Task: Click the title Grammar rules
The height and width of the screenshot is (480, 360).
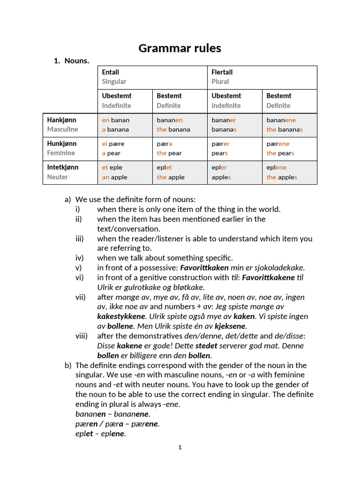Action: [x=180, y=48]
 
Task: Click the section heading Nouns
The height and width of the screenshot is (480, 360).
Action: [x=76, y=60]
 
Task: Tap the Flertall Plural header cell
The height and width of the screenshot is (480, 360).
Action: [x=262, y=77]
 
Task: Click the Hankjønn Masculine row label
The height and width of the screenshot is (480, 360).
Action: [x=70, y=125]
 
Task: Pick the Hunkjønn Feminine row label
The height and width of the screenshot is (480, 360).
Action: [x=70, y=148]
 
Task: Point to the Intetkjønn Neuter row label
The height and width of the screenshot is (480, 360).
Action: [x=70, y=172]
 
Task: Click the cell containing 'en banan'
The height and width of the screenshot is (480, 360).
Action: [x=125, y=125]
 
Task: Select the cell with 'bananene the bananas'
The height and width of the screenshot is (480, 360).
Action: [x=289, y=125]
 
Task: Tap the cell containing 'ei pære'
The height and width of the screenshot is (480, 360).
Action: [x=125, y=148]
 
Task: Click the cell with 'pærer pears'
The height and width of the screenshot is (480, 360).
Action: [x=234, y=148]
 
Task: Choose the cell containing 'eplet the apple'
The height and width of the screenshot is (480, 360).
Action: [x=180, y=172]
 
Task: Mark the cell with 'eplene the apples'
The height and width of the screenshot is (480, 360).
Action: [x=289, y=172]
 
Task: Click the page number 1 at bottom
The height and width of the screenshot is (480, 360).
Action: [x=180, y=447]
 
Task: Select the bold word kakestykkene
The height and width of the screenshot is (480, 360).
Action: [x=121, y=316]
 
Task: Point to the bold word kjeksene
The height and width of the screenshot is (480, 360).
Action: [x=230, y=326]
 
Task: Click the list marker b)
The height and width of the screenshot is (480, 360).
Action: [x=68, y=365]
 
